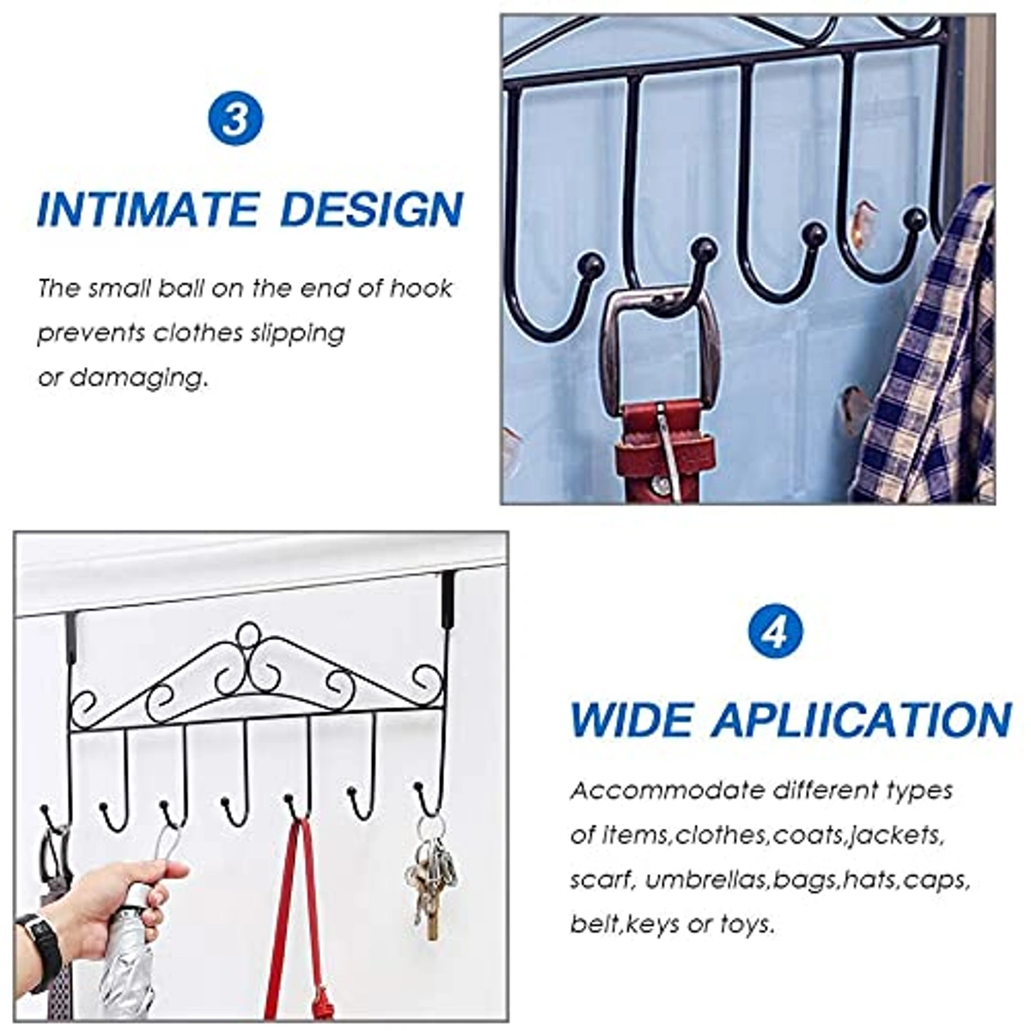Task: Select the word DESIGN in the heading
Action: tap(372, 209)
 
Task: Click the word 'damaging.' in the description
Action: tap(138, 379)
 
